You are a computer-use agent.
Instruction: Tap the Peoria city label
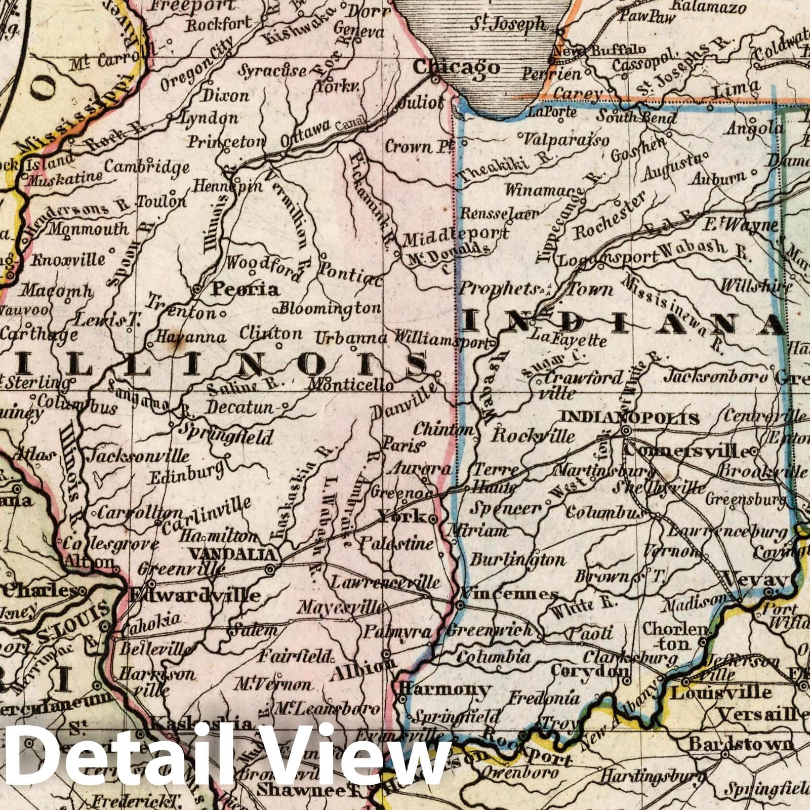[245, 289]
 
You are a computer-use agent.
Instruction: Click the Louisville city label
[721, 692]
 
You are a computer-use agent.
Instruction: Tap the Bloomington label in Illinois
[330, 307]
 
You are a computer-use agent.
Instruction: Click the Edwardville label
[195, 595]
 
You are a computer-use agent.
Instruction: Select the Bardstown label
[742, 744]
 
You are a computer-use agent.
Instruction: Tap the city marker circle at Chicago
[435, 79]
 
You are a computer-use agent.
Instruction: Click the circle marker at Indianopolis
[626, 431]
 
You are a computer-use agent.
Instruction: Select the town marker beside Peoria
[197, 290]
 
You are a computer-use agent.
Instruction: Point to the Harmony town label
[445, 688]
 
